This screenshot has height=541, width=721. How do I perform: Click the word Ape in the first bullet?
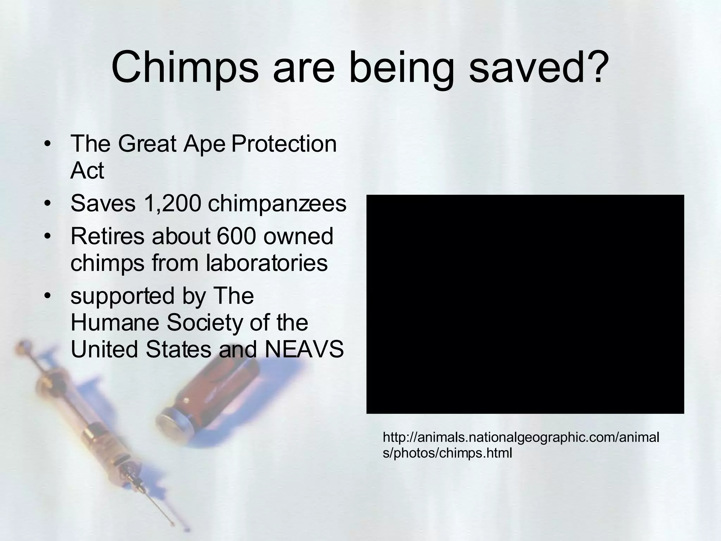[204, 144]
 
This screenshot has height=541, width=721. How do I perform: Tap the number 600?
[236, 236]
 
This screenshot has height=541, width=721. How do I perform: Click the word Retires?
[107, 236]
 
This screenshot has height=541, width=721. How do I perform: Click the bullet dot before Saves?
[48, 204]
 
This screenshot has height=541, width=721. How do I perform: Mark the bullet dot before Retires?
[48, 236]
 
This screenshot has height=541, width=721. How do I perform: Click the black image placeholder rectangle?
[525, 304]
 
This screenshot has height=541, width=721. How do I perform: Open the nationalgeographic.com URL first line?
[521, 437]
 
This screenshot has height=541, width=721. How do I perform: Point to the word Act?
[87, 171]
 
